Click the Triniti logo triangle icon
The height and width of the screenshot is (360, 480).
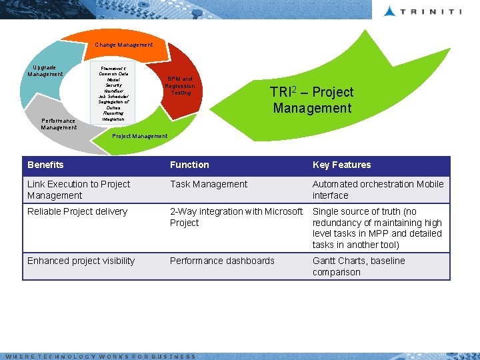click(x=390, y=11)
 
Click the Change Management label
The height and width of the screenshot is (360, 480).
click(x=124, y=45)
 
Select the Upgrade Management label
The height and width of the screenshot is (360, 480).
click(x=45, y=71)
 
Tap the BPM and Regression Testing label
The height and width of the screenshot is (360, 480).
click(x=181, y=85)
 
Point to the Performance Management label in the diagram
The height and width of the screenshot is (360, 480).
click(x=59, y=124)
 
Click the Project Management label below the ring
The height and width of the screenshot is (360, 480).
click(x=140, y=136)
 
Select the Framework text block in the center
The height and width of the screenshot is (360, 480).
click(x=113, y=93)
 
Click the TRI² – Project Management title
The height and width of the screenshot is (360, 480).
click(x=311, y=100)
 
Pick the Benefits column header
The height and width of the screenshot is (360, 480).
click(x=45, y=165)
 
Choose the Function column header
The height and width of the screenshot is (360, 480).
click(x=189, y=165)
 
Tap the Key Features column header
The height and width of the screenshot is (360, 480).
click(x=341, y=165)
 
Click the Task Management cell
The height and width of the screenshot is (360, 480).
click(x=209, y=184)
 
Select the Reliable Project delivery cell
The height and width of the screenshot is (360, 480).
click(x=77, y=211)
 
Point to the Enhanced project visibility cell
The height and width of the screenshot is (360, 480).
click(x=81, y=261)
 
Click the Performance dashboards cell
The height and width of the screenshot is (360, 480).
click(x=222, y=261)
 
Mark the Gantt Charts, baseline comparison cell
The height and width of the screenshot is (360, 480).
click(x=359, y=266)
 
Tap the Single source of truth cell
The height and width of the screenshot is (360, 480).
click(x=377, y=228)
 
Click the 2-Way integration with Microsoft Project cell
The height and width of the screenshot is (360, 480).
click(x=236, y=217)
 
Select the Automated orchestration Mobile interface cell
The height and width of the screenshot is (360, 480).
click(x=378, y=189)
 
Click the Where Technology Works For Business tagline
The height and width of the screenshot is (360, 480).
click(x=100, y=357)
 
